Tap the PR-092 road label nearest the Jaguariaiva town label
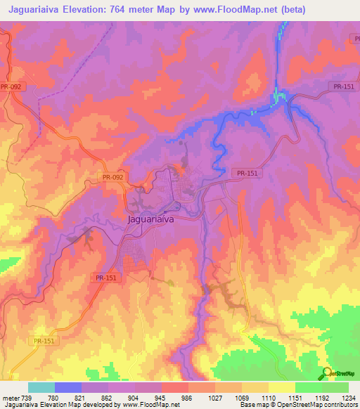112,177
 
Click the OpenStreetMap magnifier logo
326,374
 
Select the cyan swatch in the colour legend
41,387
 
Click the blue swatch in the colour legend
68,387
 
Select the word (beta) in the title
335,9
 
